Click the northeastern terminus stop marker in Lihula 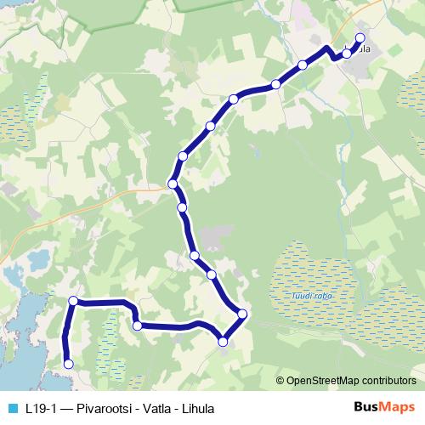coord(360,37)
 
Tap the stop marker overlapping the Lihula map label coord(347,54)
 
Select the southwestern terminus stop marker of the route coord(69,364)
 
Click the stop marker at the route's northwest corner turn coord(74,301)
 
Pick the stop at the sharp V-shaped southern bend coord(223,342)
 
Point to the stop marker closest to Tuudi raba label coord(243,314)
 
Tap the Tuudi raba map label coord(304,297)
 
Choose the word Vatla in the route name coord(153,408)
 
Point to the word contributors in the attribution coord(387,380)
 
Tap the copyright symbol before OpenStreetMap coord(280,380)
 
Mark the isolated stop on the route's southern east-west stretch coord(137,325)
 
